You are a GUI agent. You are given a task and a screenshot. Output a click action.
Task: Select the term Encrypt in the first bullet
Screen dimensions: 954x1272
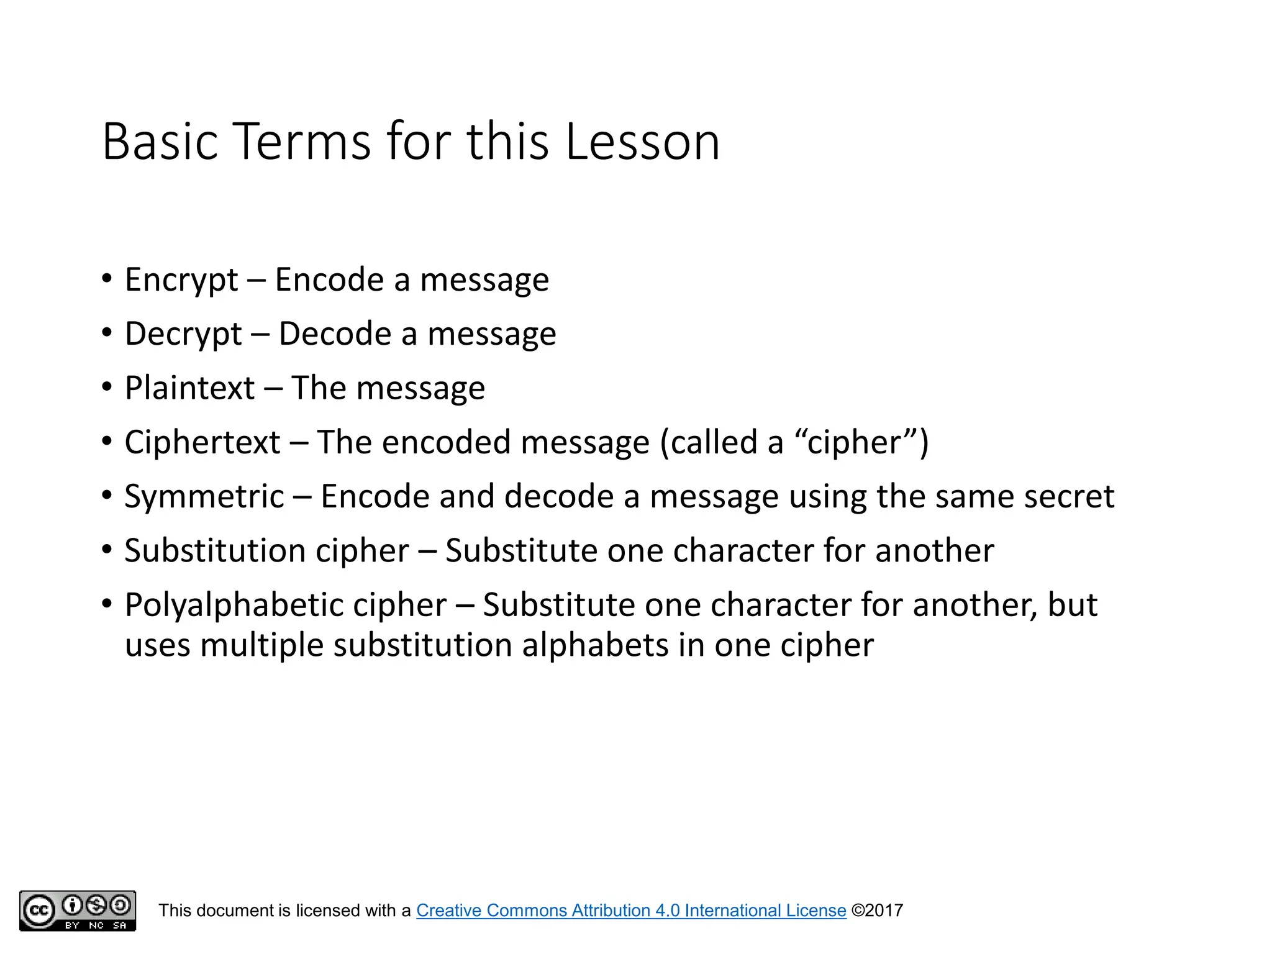181,280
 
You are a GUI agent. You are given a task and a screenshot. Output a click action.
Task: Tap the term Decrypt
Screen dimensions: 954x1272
183,334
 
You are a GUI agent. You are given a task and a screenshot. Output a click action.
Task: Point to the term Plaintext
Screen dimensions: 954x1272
189,388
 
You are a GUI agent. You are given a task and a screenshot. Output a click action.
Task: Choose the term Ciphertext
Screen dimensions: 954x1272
202,443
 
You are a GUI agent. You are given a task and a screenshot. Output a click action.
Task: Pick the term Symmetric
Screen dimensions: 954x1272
204,497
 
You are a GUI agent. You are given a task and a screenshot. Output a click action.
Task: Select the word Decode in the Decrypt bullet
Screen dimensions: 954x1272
335,334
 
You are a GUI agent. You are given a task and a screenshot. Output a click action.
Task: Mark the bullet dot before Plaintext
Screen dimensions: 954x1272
107,388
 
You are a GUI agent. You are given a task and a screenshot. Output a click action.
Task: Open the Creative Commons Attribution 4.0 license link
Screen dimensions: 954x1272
631,911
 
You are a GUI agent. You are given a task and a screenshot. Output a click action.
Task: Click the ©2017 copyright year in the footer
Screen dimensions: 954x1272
877,911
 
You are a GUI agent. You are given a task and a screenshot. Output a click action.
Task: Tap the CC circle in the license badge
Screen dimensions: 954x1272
39,911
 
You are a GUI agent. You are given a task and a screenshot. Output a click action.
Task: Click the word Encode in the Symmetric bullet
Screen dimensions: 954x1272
375,497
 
